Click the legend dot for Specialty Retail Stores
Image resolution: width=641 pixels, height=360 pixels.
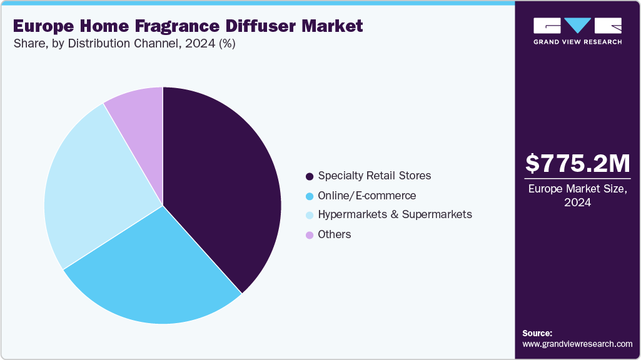[310, 176]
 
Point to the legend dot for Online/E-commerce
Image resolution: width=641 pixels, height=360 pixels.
[310, 196]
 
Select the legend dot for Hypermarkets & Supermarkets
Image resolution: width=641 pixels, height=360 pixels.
[310, 215]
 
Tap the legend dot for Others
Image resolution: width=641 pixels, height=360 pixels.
[310, 235]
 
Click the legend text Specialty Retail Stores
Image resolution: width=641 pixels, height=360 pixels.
[375, 176]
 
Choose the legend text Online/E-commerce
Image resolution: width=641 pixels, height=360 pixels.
[366, 196]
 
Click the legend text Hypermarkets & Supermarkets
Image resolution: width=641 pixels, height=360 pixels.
[395, 214]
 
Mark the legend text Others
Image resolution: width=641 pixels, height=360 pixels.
[335, 234]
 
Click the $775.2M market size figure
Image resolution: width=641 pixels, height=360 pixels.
[577, 164]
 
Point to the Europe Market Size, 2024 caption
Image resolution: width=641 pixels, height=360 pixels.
[577, 195]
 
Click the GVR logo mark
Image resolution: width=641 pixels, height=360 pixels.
[577, 26]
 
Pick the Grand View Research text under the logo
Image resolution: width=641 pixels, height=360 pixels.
[577, 42]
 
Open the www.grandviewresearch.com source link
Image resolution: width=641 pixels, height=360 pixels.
[577, 344]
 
